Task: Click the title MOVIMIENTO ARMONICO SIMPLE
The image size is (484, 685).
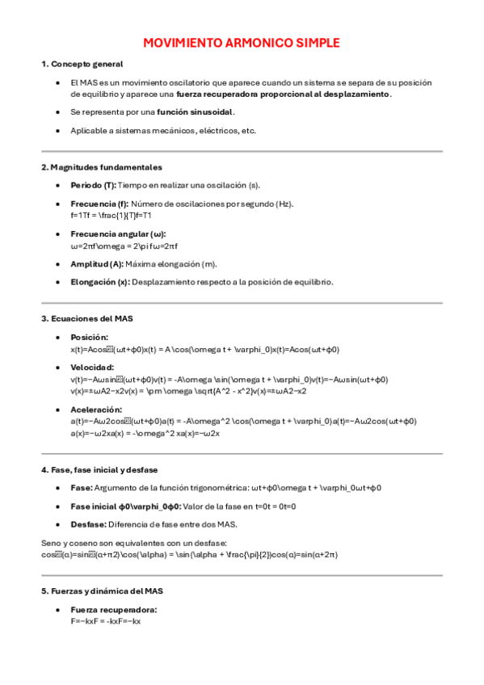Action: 242,43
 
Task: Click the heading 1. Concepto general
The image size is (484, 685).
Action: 82,64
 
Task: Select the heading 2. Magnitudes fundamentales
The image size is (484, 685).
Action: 102,167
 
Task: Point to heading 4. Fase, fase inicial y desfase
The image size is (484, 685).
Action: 99,469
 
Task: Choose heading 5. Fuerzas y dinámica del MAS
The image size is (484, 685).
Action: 103,591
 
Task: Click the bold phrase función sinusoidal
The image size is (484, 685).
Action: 196,112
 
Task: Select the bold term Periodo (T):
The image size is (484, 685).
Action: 93,185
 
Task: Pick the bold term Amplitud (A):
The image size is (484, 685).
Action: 97,264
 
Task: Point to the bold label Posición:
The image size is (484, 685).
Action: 89,337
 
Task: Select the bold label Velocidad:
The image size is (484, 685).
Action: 92,368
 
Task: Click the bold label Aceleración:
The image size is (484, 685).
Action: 96,410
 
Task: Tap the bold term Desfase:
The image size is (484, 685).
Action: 88,524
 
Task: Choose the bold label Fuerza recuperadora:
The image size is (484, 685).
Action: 114,610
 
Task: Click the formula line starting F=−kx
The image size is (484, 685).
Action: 106,622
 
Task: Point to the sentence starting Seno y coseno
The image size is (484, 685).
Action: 134,543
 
